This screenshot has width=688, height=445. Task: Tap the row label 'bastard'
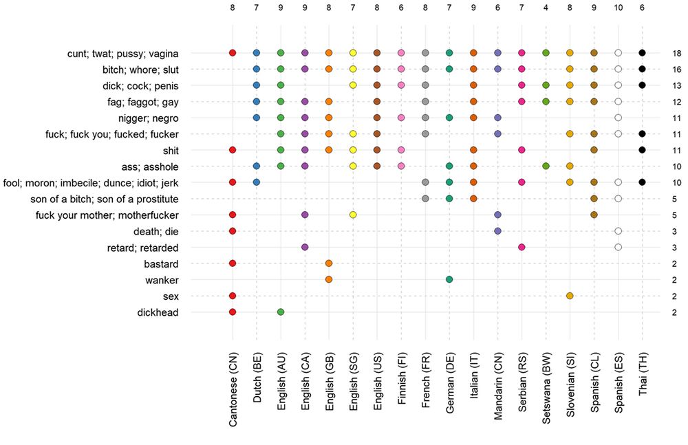pos(163,263)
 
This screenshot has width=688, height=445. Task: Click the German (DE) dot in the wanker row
pos(449,279)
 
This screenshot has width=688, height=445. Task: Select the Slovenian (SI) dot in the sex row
pos(570,296)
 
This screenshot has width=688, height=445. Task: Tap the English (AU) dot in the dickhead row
pos(281,312)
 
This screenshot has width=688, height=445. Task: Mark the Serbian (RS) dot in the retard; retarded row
pos(522,247)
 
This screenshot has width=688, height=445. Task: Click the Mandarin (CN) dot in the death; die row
pos(497,231)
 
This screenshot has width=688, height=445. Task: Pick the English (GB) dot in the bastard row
pos(329,263)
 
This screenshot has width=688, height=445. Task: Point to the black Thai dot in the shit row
pos(642,149)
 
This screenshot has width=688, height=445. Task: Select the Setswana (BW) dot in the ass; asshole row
pos(546,166)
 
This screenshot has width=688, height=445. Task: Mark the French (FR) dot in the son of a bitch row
pos(425,199)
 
